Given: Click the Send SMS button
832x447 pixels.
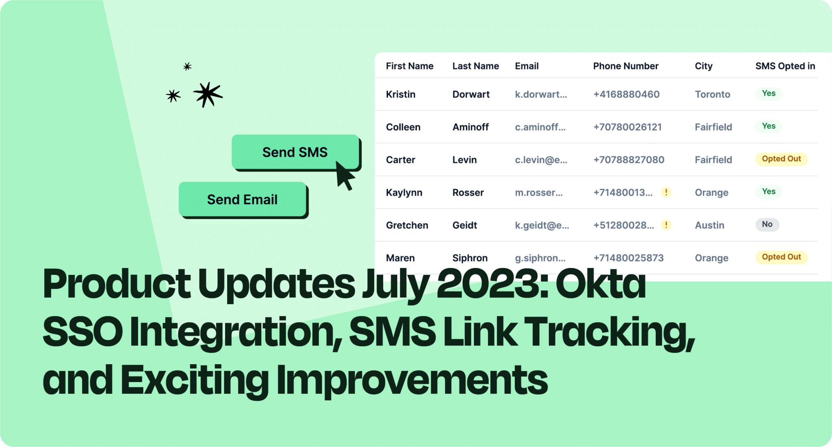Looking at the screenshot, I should click(x=295, y=152).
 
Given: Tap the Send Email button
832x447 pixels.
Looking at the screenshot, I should click(x=243, y=199).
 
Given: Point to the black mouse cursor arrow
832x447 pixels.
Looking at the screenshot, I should click(x=344, y=175).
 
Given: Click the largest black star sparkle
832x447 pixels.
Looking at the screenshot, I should click(x=208, y=94).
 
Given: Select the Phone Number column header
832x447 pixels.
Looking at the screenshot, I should click(x=626, y=66).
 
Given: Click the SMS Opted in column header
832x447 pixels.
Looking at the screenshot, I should click(x=785, y=66).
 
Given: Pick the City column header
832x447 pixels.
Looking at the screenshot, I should click(x=704, y=66).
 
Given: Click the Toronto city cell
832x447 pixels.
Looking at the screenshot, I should click(x=713, y=95).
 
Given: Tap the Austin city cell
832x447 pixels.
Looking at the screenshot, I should click(x=709, y=225).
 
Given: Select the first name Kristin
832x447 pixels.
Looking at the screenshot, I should click(x=401, y=95).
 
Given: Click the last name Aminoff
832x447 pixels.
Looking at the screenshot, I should click(x=470, y=127).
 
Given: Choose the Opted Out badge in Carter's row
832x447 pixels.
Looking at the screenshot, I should click(x=781, y=159).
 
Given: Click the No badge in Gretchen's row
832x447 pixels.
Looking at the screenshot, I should click(x=767, y=224).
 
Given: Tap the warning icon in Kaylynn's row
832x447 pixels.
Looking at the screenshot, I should click(x=666, y=192).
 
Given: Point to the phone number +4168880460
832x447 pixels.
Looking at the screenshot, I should click(x=626, y=95).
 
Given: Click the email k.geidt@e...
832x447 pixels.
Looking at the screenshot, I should click(x=542, y=225).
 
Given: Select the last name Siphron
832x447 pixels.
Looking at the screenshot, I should click(x=470, y=258).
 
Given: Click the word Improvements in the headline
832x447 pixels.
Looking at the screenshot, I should click(x=412, y=380).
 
